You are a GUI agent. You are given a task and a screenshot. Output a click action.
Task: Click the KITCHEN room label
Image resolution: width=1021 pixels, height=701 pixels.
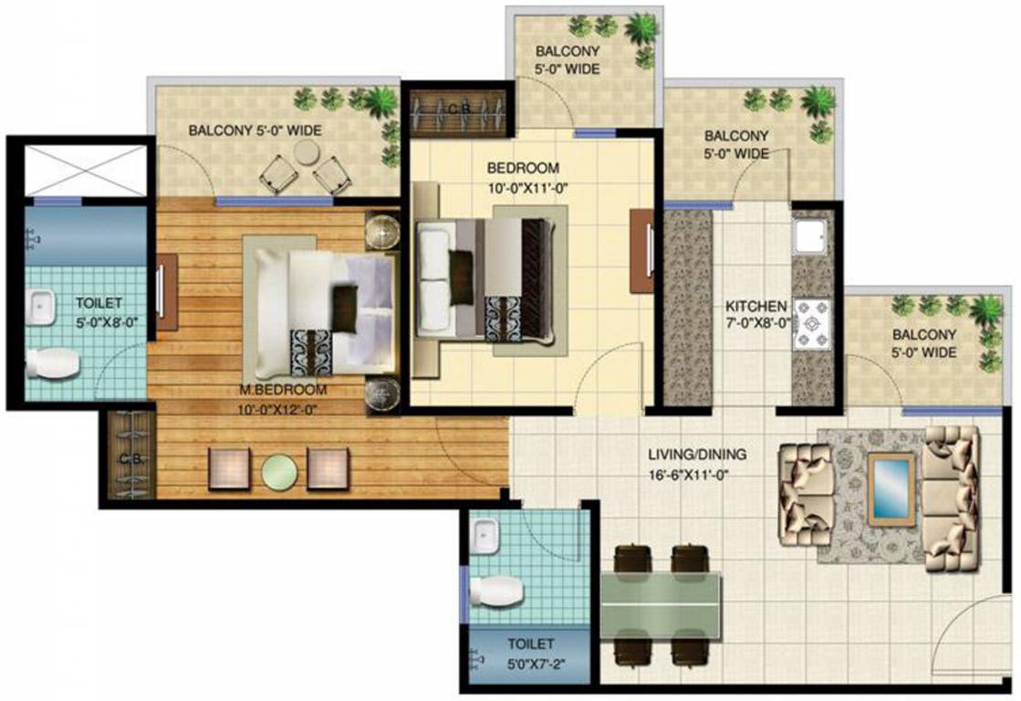point(755,306)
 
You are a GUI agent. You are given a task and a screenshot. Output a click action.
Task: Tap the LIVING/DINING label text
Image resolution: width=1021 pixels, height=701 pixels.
point(697,454)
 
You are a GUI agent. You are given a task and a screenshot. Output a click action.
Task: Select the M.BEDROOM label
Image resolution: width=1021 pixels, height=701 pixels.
point(282,390)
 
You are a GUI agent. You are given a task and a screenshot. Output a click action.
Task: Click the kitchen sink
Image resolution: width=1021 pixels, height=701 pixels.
point(809,236)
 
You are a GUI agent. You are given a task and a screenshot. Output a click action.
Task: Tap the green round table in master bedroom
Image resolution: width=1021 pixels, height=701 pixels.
point(280,470)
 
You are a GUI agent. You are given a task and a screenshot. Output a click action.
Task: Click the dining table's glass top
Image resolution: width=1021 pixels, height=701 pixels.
point(661,602)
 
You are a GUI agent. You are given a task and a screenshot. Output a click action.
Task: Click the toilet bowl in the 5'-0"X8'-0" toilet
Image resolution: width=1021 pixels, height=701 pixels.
point(54,364)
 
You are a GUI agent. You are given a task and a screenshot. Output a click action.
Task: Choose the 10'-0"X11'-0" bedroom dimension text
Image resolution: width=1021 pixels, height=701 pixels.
point(522,190)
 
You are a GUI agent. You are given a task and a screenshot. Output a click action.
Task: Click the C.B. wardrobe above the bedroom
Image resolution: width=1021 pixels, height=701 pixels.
point(458,110)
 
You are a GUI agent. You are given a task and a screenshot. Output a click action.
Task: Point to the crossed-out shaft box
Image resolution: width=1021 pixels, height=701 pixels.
point(81,169)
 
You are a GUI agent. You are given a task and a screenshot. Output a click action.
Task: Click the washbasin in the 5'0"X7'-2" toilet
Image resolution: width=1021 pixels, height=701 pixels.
point(485,534)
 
